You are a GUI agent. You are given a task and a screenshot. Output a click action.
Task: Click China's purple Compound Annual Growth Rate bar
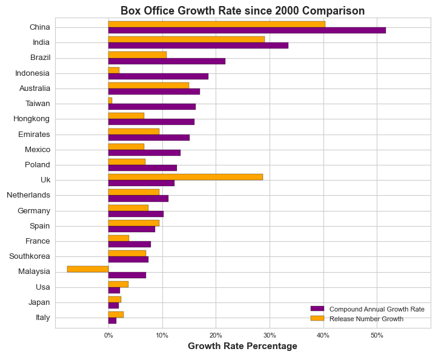247,30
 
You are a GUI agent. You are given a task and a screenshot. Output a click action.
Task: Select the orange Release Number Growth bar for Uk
185,177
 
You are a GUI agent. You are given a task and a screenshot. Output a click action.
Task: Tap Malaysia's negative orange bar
88,268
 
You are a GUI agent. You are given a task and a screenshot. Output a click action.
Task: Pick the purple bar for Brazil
167,61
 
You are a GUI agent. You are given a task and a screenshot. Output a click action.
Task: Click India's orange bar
187,39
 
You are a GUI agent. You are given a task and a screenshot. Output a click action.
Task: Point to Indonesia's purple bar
158,76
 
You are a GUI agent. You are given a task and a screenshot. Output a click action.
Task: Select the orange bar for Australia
148,85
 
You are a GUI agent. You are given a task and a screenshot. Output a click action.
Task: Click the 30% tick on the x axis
270,335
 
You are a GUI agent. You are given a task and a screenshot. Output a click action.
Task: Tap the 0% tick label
108,335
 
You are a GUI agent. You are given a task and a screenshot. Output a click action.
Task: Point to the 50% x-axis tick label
377,335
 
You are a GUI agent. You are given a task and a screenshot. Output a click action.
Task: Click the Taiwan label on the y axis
38,104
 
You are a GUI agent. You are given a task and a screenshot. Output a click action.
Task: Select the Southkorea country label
30,256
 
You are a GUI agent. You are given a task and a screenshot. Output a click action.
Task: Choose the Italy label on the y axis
42,318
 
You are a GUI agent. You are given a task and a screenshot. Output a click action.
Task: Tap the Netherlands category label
28,195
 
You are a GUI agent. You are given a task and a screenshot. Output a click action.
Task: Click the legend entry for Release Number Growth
366,319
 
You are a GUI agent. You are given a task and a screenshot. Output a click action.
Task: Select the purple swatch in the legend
317,309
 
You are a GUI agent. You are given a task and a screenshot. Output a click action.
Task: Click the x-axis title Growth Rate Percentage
242,346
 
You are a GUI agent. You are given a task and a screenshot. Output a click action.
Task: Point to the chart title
242,11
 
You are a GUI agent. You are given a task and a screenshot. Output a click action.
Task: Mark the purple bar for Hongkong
151,122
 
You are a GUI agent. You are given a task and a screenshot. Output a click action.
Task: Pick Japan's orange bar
114,299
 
